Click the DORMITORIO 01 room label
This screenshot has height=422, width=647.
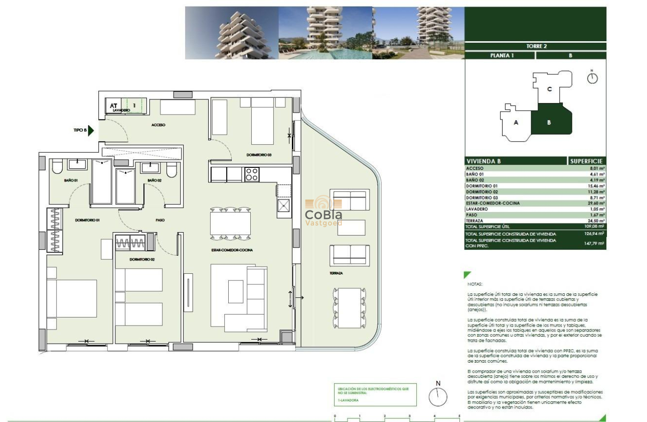(x=88, y=220)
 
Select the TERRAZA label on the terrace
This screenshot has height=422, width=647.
(x=337, y=273)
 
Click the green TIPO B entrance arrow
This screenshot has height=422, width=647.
(x=91, y=130)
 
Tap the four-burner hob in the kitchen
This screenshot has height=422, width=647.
(x=251, y=175)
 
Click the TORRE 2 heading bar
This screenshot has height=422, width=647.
(x=536, y=46)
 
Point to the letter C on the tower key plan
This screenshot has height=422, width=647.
(x=550, y=89)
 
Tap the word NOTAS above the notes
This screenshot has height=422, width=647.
(x=474, y=284)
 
